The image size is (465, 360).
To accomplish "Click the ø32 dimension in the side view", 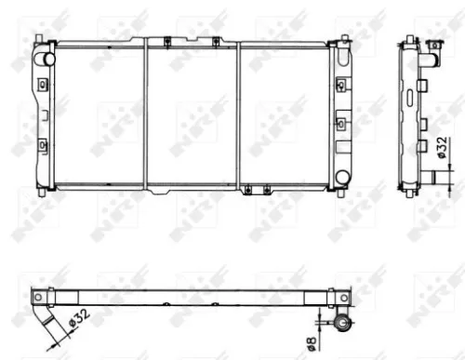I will point(445,148).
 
